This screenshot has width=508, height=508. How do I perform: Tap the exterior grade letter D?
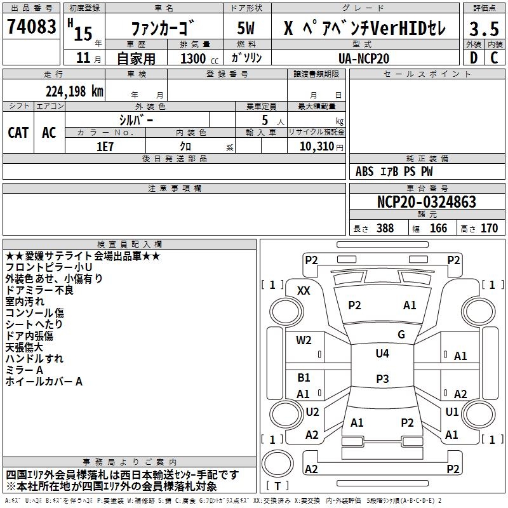tap(473, 58)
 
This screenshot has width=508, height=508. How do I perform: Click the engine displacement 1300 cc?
tap(193, 58)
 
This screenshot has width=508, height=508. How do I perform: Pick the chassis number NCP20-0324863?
tap(427, 202)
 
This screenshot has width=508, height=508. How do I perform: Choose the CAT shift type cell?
tap(18, 133)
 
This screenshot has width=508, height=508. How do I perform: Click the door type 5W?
tap(246, 29)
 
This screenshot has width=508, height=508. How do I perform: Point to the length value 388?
tap(385, 229)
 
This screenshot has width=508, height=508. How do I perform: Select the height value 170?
tap(489, 229)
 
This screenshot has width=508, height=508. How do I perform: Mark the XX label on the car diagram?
tap(304, 290)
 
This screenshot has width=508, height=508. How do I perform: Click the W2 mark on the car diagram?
tap(304, 340)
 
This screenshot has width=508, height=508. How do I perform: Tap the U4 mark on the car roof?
tap(382, 354)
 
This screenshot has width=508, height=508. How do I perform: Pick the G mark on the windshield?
tap(401, 334)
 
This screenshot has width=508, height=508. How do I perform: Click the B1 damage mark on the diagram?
tap(304, 378)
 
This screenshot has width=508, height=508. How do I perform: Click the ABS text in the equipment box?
tap(364, 171)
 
